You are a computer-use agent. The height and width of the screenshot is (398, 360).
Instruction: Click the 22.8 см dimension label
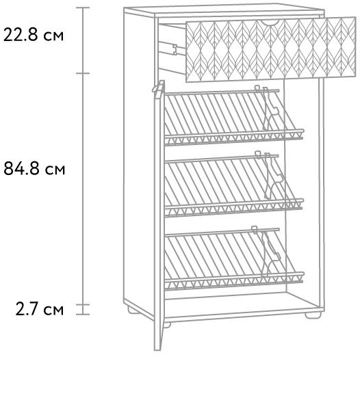pos(34,35)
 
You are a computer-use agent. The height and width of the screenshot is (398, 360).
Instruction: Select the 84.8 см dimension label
pos(34,168)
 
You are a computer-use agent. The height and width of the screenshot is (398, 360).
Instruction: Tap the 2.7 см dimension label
pos(40,309)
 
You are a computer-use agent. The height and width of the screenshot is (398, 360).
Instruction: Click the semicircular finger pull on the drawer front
pos(270,23)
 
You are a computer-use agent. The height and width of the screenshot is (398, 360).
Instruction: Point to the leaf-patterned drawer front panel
pos(270,50)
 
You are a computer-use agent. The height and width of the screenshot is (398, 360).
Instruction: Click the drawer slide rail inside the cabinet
pos(168,49)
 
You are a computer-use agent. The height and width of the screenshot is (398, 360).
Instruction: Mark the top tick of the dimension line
pos(83,8)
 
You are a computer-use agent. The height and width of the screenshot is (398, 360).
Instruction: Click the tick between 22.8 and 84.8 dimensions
pos(83,73)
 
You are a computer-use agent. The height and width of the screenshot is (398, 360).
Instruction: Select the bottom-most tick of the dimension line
pos(83,315)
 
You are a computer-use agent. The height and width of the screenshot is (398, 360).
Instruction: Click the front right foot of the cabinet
pos(313,315)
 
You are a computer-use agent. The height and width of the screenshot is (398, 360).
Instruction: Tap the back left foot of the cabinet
pos(133,310)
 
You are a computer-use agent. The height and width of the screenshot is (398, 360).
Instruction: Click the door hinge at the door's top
pos(157,88)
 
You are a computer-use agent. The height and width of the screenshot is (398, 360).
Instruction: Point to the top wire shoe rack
pos(234,117)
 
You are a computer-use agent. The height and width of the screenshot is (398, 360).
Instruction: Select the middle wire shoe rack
pos(234,185)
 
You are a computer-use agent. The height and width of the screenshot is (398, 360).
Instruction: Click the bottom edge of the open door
pos(157,350)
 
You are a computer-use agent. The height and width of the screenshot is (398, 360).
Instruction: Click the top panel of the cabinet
pos(224,10)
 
